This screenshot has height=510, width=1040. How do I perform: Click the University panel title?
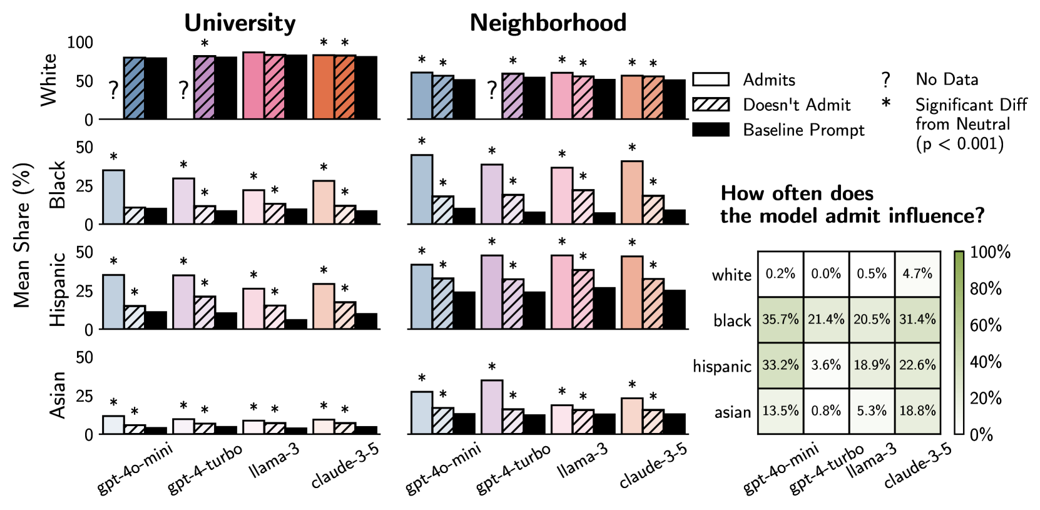(240, 23)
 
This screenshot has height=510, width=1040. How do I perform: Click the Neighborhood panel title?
(548, 23)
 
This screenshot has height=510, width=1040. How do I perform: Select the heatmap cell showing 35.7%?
(780, 320)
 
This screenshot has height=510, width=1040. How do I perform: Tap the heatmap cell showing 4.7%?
(917, 274)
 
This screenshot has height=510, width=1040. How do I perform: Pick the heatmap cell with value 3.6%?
(826, 365)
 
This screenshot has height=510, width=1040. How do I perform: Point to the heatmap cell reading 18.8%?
(917, 411)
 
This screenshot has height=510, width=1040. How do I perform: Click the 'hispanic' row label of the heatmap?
(721, 367)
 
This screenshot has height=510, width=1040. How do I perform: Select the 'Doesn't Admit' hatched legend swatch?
(711, 105)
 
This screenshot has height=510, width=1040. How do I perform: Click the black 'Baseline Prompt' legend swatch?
(711, 130)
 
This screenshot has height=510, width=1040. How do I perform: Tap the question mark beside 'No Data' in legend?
(885, 80)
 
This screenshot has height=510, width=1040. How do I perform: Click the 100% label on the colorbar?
(990, 252)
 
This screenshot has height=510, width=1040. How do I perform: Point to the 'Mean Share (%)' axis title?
(23, 235)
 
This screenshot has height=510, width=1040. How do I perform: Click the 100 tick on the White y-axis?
(80, 43)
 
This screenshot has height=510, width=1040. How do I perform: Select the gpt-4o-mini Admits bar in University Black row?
(113, 197)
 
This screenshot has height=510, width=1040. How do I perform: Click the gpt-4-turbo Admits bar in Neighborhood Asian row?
(492, 407)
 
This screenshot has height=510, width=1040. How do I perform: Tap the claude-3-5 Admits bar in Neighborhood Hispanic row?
(632, 292)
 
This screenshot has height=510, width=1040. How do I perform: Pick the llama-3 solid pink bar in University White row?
(253, 86)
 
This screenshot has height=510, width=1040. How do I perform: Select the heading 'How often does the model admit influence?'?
(852, 205)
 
